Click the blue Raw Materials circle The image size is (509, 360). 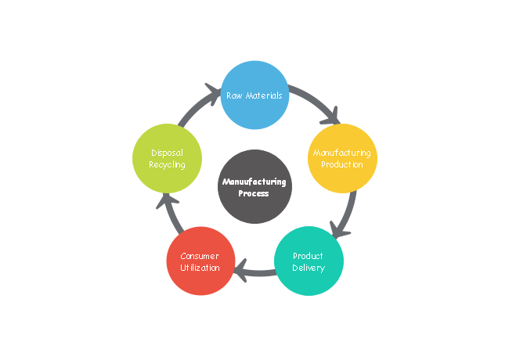(x=254, y=95)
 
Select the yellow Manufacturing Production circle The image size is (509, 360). (x=342, y=159)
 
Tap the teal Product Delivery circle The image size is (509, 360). (x=308, y=261)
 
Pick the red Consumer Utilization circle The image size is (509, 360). (x=200, y=261)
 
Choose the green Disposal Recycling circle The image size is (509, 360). (x=167, y=159)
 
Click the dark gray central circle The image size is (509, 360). (x=254, y=186)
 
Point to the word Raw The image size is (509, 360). (x=233, y=95)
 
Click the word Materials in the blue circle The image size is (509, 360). (x=262, y=95)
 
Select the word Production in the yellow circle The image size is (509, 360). (x=342, y=165)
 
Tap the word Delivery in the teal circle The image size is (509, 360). (x=308, y=268)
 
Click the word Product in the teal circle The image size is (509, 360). (x=308, y=256)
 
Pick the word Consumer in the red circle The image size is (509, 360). (x=200, y=256)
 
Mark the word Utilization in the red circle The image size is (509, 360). (x=200, y=268)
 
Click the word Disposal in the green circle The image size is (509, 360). (x=167, y=153)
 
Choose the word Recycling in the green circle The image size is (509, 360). (x=167, y=165)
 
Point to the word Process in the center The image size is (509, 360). (x=254, y=193)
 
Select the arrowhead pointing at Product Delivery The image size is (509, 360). (x=337, y=230)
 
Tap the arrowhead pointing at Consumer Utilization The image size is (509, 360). (x=243, y=271)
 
